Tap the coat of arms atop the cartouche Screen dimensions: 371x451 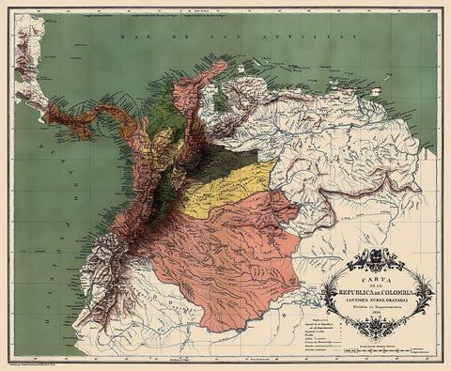pyautogui.click(x=379, y=255)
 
